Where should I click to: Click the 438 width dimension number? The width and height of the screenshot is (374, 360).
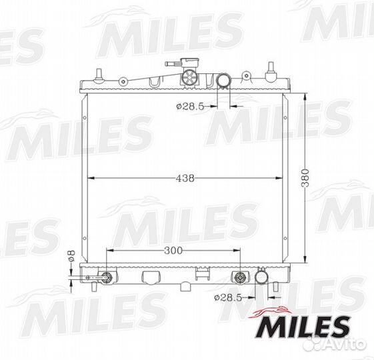tap(185, 178)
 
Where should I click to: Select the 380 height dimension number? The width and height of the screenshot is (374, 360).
tap(305, 178)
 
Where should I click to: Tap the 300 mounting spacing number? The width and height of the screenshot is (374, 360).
tap(173, 250)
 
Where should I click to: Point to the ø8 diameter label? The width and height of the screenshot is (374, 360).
tap(71, 256)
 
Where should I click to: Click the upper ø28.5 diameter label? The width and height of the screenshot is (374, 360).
tap(191, 106)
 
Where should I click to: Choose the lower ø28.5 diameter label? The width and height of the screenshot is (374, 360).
tap(228, 297)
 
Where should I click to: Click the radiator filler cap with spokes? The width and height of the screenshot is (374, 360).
tap(190, 77)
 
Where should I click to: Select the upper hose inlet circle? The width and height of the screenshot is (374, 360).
tap(223, 81)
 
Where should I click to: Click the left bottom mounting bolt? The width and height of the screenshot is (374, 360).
tap(106, 277)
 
